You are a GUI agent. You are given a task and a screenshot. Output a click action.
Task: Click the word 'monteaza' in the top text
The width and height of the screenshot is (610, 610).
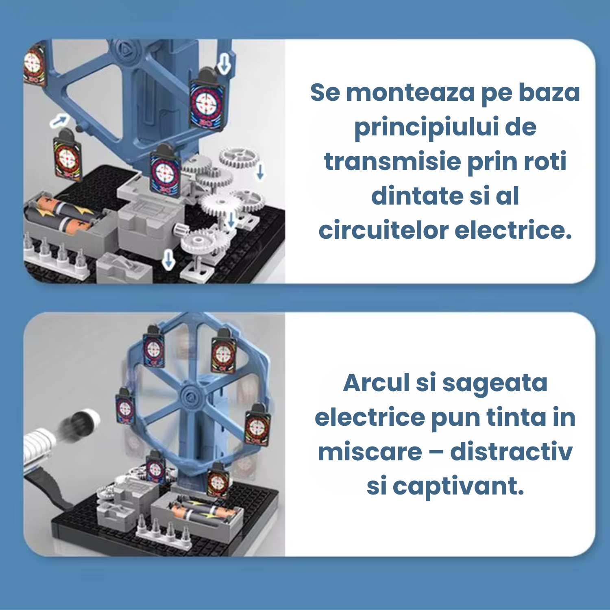[410, 93]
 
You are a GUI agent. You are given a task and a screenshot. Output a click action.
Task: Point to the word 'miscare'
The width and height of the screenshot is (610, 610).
[370, 452]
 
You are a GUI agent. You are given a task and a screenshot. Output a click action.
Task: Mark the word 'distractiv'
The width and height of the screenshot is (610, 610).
[512, 452]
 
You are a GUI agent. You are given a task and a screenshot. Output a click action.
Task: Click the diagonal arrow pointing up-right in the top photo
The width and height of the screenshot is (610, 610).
[59, 120]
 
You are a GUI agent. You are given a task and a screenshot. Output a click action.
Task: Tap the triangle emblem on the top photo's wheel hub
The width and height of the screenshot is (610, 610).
[124, 50]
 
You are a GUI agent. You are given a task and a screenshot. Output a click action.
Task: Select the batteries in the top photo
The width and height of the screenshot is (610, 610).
[61, 214]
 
